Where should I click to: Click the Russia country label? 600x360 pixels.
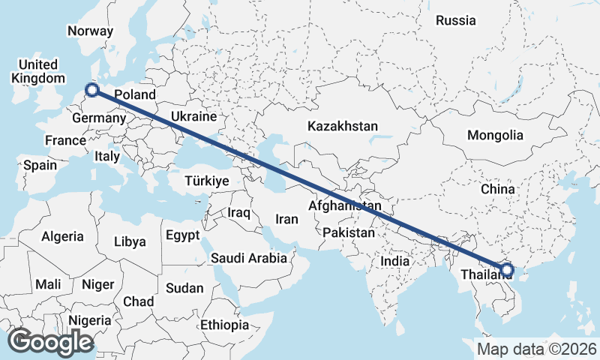point(456,20)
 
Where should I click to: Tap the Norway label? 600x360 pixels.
point(90,31)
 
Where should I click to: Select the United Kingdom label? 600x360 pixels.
point(38,71)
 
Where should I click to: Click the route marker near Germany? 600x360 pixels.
point(92,90)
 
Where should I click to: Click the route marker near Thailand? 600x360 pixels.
point(506,269)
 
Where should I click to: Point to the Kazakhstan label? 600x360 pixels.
point(342,126)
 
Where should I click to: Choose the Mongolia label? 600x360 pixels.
point(495,135)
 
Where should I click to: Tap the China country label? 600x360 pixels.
point(497,189)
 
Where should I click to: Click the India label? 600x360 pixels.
point(394,261)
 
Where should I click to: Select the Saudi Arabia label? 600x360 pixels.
point(249,258)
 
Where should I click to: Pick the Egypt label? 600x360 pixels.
point(183,235)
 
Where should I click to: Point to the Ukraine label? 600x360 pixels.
point(193,117)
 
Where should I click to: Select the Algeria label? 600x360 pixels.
point(63,236)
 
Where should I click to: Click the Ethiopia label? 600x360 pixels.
point(224,325)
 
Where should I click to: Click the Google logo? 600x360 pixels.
point(50,342)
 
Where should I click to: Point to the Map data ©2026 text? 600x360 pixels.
point(537,349)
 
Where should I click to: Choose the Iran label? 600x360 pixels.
point(287,219)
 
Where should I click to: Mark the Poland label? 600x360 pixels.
point(135,95)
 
